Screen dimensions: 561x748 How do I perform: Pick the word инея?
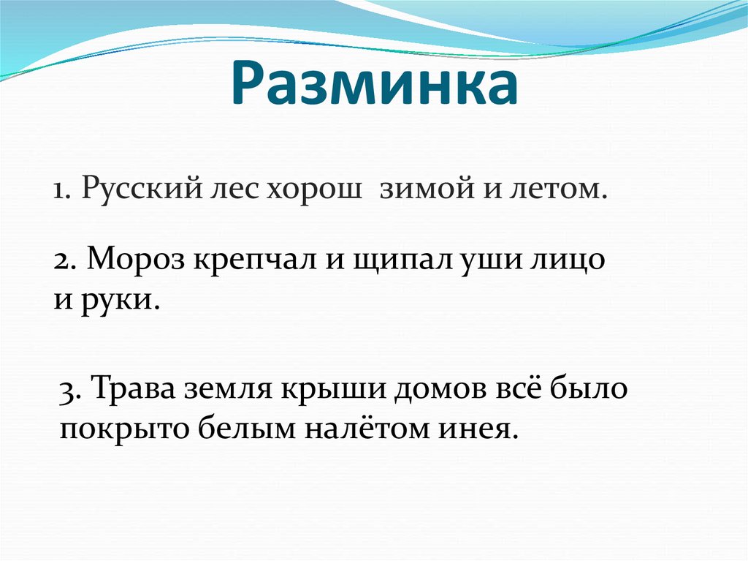[476, 427]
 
